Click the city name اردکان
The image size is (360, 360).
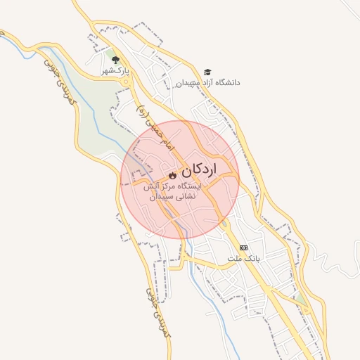tap(200, 169)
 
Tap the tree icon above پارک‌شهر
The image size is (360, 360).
tap(116, 60)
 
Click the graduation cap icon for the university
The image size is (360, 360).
tap(207, 72)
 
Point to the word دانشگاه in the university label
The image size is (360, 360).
tap(225, 82)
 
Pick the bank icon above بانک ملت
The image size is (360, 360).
tap(243, 247)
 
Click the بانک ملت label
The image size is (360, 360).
tap(243, 258)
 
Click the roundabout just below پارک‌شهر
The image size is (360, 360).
tap(127, 82)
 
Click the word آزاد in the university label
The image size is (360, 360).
tap(199, 82)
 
